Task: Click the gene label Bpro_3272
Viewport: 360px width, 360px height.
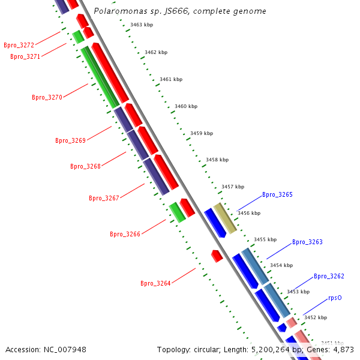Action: [x=19, y=45]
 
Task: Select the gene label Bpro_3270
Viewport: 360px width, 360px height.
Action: [x=47, y=97]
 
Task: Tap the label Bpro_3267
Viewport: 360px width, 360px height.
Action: [x=104, y=198]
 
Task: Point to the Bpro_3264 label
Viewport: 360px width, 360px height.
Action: [x=155, y=283]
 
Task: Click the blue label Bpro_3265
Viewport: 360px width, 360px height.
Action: [x=277, y=194]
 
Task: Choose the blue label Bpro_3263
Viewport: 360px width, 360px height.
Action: [x=307, y=242]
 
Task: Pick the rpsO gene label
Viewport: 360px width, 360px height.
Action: [x=335, y=298]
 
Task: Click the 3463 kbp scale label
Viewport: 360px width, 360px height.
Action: [x=141, y=25]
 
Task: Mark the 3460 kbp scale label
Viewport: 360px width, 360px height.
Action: [x=185, y=106]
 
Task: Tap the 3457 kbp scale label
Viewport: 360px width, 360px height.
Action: [x=232, y=187]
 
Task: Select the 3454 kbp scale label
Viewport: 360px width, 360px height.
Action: [x=281, y=265]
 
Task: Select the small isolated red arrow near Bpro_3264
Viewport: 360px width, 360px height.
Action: [x=217, y=256]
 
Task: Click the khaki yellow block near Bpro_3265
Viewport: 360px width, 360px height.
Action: [x=225, y=218]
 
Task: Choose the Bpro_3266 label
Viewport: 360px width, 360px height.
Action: [x=125, y=234]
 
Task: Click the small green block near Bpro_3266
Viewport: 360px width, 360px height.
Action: [x=177, y=212]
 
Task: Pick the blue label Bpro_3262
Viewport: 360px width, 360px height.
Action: [x=329, y=276]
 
